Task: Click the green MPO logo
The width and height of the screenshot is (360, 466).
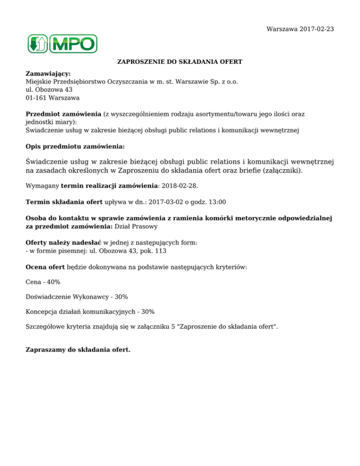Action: (x=62, y=44)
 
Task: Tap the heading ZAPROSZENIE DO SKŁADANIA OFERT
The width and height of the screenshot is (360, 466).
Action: (x=180, y=62)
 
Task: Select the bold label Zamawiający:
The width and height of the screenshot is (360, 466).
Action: (x=48, y=74)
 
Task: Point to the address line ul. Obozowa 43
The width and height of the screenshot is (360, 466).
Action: (x=49, y=90)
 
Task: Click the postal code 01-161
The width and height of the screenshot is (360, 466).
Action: (x=36, y=98)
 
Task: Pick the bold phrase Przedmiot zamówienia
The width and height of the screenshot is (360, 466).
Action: (x=63, y=114)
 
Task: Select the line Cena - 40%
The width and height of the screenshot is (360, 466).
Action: (x=43, y=282)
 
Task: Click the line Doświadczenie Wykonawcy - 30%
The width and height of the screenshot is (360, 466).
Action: (x=77, y=297)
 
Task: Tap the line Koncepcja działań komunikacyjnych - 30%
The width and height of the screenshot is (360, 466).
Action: (x=90, y=311)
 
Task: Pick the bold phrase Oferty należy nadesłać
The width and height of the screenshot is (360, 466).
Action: (x=63, y=242)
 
